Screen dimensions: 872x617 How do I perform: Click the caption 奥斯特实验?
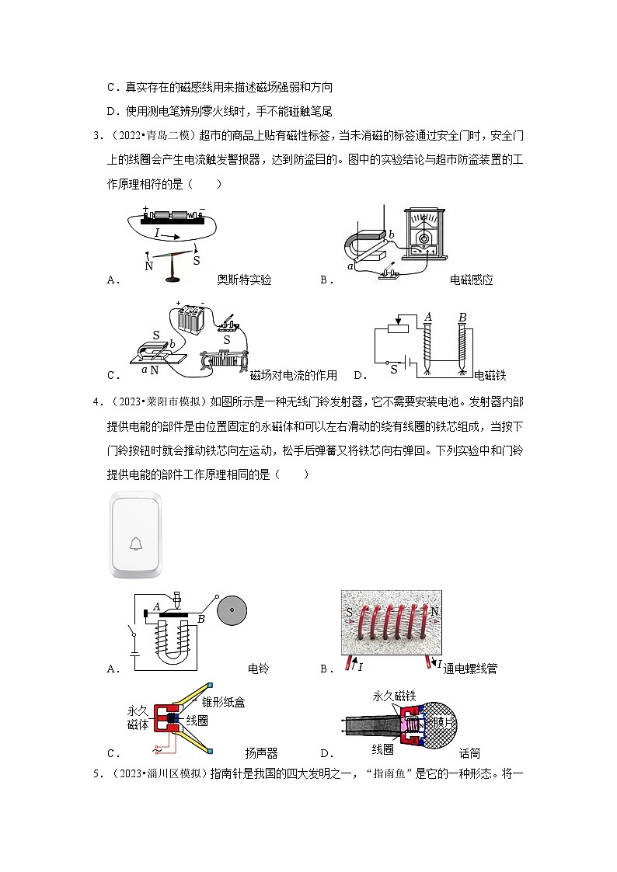tap(244, 280)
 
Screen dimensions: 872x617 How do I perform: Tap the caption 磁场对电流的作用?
tap(294, 376)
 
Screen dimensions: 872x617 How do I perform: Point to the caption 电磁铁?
tap(490, 376)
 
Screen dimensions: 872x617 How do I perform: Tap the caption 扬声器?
tap(261, 753)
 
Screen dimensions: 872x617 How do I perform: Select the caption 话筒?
tap(469, 753)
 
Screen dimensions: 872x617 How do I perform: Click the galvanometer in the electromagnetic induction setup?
tap(424, 234)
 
